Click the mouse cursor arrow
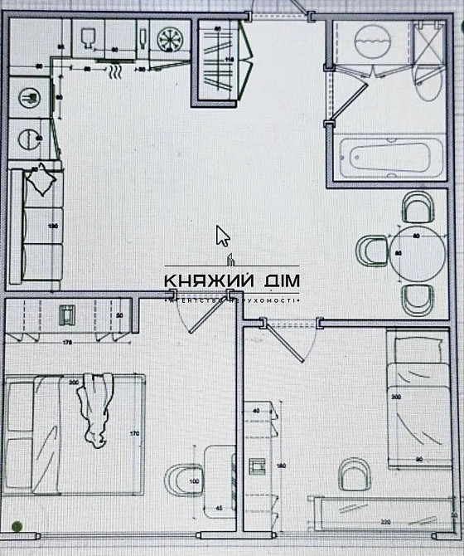pyautogui.click(x=222, y=236)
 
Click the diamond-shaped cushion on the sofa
pyautogui.click(x=41, y=178)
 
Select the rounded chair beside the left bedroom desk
pyautogui.click(x=181, y=479)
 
